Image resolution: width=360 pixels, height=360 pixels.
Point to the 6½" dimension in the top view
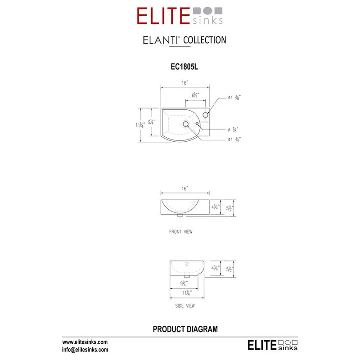(x=196, y=95)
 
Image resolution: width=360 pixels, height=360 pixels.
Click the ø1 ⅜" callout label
(x=234, y=98)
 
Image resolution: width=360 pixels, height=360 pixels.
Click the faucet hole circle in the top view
(x=206, y=115)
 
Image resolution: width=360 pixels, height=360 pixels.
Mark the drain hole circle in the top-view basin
(x=186, y=124)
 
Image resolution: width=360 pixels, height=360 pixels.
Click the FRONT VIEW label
(x=181, y=232)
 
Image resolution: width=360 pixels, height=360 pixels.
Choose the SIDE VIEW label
(x=185, y=306)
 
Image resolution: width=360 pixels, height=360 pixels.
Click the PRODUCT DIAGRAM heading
(x=185, y=329)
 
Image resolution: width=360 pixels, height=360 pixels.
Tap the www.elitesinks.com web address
(x=85, y=342)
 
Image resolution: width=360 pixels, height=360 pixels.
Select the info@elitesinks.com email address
(x=85, y=349)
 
